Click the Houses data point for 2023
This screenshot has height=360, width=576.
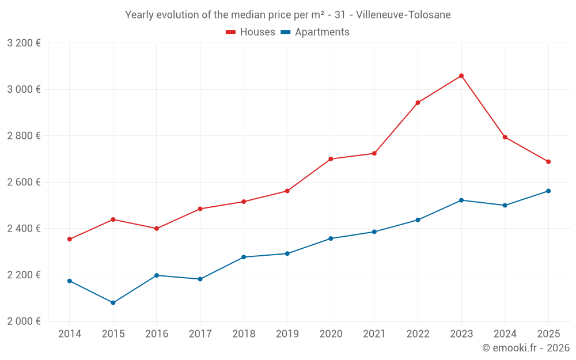click(x=461, y=75)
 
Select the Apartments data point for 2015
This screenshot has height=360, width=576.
click(x=113, y=302)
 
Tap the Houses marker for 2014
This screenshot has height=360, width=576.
click(x=70, y=239)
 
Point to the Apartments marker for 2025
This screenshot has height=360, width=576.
click(x=548, y=191)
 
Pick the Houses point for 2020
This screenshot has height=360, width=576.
click(x=331, y=159)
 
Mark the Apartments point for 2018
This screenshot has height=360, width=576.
click(x=244, y=257)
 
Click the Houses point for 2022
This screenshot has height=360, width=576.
click(x=418, y=103)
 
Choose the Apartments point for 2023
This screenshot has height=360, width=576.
click(x=461, y=200)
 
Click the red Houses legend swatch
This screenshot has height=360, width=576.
click(x=230, y=32)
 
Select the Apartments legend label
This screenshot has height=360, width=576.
click(x=322, y=32)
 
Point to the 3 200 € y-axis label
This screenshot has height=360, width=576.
click(x=24, y=43)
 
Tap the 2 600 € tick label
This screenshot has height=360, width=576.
click(x=24, y=182)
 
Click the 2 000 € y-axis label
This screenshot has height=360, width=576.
click(x=24, y=321)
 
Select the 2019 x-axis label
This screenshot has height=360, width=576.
click(x=287, y=334)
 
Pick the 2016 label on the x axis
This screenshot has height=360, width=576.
click(x=157, y=334)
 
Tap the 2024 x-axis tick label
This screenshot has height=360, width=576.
click(x=505, y=334)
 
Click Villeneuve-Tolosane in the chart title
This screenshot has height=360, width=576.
click(x=403, y=14)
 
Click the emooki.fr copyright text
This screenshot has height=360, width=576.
click(x=526, y=348)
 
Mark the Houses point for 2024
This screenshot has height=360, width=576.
click(x=505, y=137)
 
